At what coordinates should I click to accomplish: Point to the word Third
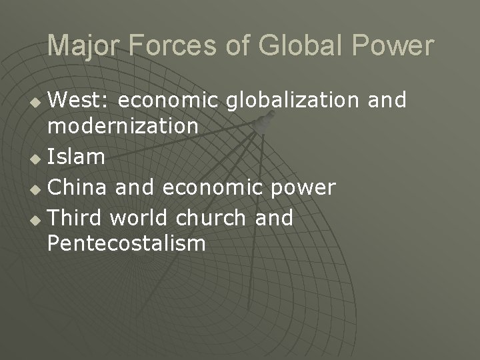coord(75,217)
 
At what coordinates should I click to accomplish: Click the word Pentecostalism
coord(127,243)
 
